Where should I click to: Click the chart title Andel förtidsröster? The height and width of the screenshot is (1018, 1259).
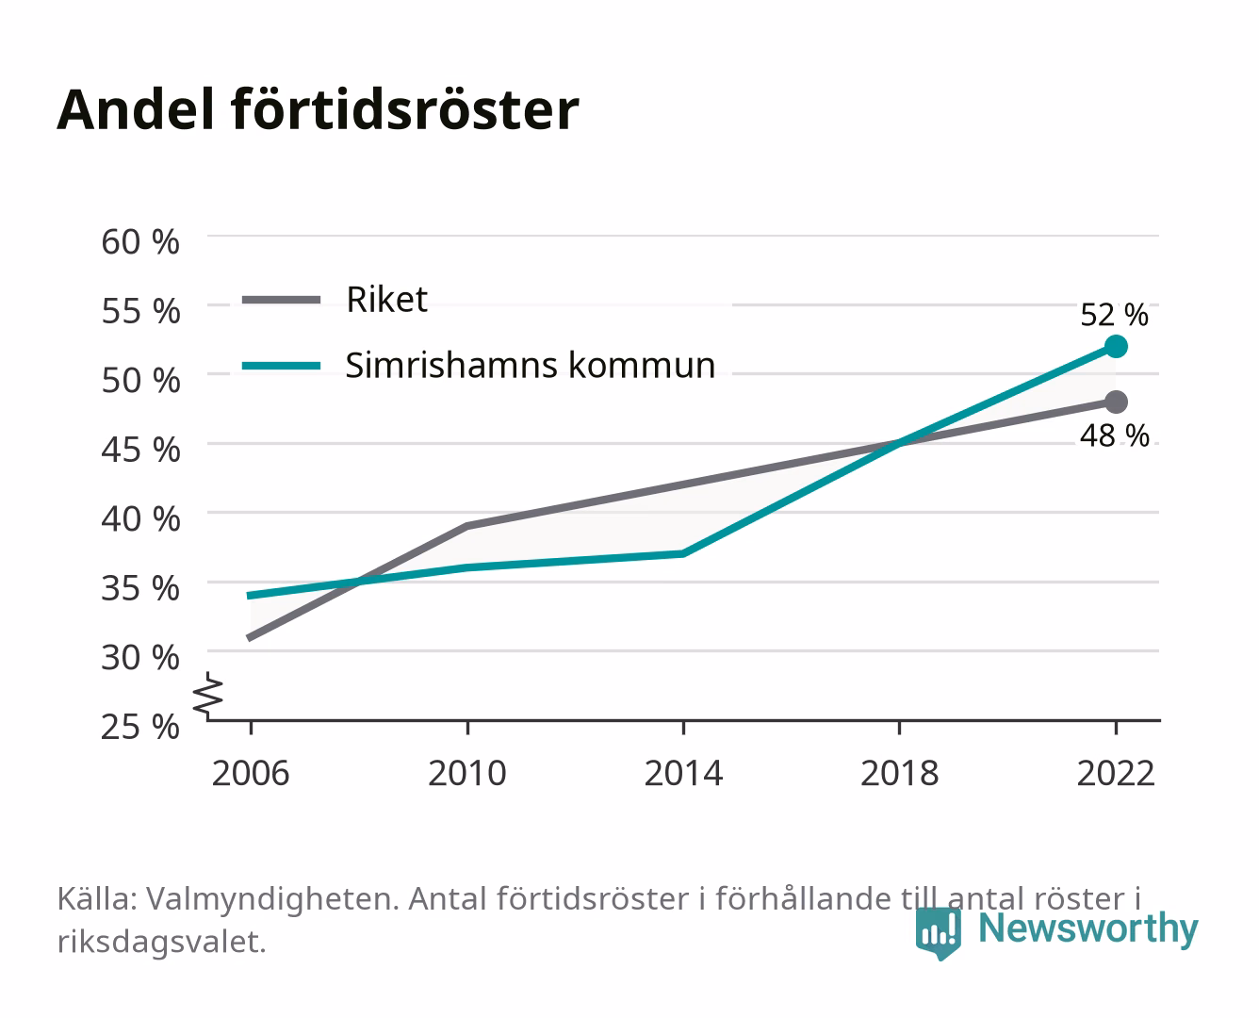318,109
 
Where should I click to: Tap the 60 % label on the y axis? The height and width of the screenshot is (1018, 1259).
140,242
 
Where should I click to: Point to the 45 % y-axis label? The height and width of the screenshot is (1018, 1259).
140,450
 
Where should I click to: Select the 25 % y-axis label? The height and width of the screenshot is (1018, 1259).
140,727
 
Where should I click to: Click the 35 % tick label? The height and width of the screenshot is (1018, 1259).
140,588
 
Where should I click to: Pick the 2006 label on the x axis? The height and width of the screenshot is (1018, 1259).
251,773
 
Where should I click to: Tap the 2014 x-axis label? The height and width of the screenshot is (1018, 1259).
683,773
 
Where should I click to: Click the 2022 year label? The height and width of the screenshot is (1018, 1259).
1116,773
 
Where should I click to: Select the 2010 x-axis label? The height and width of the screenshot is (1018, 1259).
467,773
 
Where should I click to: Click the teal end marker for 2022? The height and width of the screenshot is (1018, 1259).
1116,347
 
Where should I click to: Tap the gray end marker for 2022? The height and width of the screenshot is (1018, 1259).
1116,402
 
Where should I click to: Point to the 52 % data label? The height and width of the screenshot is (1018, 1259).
1114,315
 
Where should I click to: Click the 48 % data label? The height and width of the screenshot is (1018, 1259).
1114,435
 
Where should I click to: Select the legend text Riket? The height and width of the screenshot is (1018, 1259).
386,299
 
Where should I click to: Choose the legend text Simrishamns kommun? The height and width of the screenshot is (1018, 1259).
531,365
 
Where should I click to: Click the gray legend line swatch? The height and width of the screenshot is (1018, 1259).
282,300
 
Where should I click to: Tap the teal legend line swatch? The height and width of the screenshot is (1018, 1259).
282,366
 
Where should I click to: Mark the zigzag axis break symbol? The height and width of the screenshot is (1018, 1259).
208,696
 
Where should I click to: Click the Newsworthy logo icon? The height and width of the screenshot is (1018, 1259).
938,933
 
